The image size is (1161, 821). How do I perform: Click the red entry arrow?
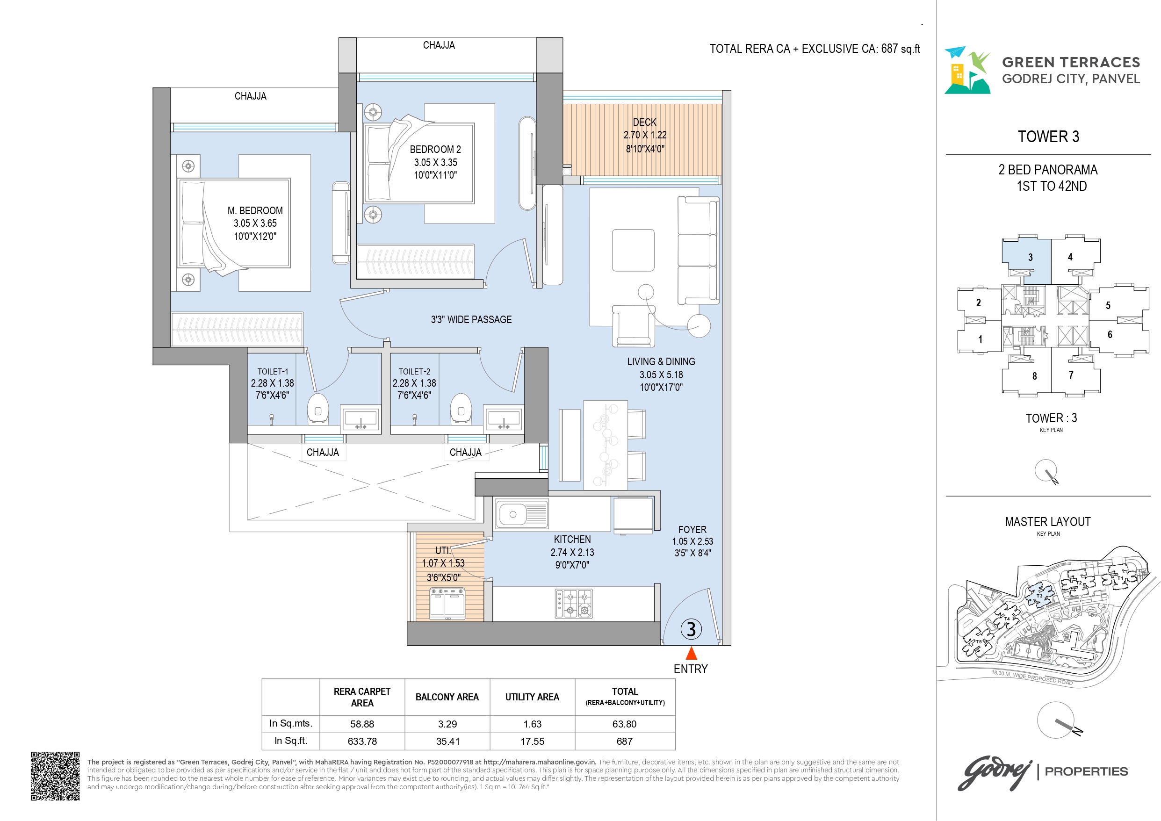click(x=691, y=653)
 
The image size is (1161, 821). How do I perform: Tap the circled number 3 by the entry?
click(x=691, y=629)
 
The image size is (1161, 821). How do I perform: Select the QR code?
click(x=55, y=776)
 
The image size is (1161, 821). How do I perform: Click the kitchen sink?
click(x=522, y=515)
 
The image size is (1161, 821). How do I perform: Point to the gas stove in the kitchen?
click(x=574, y=604)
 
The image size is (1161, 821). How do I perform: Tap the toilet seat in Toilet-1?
click(x=318, y=409)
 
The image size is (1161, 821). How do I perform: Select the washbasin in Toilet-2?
click(x=504, y=418)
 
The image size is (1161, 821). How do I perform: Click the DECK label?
click(x=645, y=122)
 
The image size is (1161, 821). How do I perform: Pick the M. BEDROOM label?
click(x=255, y=211)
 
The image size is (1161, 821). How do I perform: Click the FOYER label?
click(x=692, y=530)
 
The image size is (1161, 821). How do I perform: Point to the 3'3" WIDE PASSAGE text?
click(x=471, y=319)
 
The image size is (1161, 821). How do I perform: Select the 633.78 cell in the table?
click(x=362, y=742)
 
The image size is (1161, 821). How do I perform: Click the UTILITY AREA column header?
click(x=533, y=697)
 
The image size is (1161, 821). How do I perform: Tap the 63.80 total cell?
click(x=625, y=724)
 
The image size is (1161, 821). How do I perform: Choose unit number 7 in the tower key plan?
click(x=1071, y=375)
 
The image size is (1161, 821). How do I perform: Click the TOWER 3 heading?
click(x=1049, y=137)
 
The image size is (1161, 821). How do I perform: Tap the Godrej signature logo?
click(x=995, y=772)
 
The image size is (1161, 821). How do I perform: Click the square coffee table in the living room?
click(x=633, y=250)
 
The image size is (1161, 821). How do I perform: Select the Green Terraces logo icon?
click(x=967, y=70)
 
